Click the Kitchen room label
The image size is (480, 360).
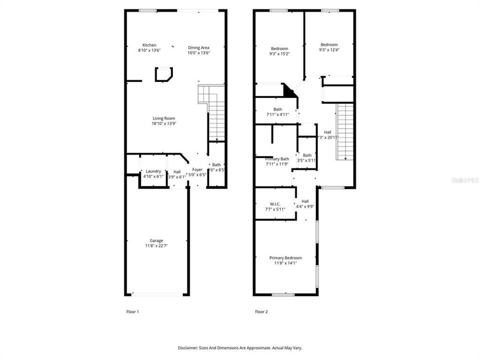point(149,45)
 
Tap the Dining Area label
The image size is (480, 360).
point(198,47)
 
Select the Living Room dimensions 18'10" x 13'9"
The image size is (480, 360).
point(164,123)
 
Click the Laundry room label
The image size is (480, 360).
point(153,171)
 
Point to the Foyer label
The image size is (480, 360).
point(197,170)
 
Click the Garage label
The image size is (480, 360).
point(156,240)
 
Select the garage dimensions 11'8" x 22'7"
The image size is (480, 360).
point(156,245)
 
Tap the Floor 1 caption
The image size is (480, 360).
point(132,311)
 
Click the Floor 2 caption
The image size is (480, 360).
point(261,311)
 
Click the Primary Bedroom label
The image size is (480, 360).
point(285,258)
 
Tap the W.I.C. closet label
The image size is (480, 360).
point(275,204)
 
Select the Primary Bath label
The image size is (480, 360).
point(277,159)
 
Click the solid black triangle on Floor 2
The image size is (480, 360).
point(289,91)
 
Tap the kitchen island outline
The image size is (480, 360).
point(164,74)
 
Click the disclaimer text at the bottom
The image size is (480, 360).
point(240,347)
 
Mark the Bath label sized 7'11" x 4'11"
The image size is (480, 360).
point(277,109)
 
